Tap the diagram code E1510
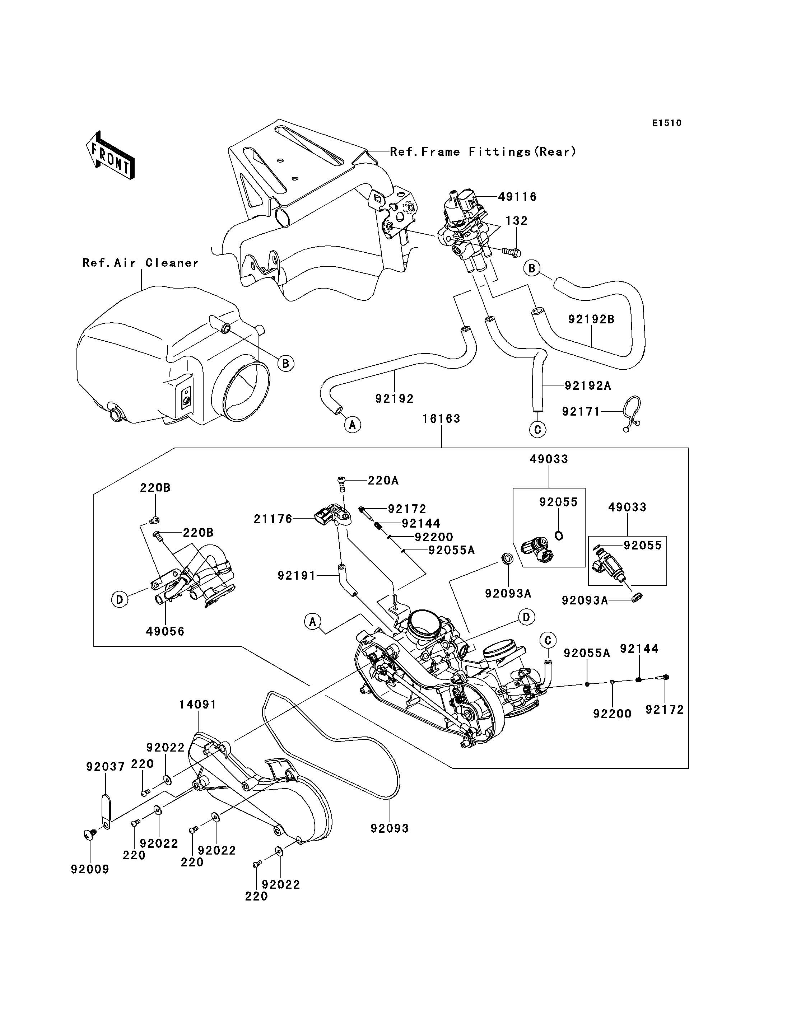[x=667, y=123]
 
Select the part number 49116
[x=517, y=197]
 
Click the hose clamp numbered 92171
[x=632, y=413]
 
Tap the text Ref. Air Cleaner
[x=140, y=263]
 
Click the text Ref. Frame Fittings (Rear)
[x=483, y=152]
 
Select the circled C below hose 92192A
[x=537, y=430]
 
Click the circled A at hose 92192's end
[x=352, y=425]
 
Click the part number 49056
[x=165, y=631]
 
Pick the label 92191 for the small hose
[x=297, y=576]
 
